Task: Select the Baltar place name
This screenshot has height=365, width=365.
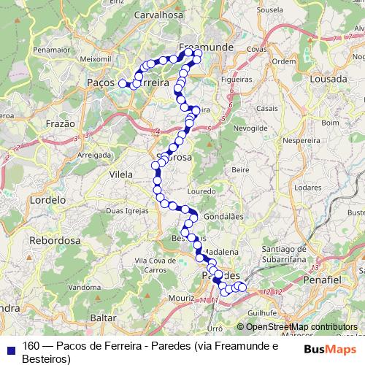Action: (102, 318)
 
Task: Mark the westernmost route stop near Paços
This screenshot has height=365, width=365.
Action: (123, 84)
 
